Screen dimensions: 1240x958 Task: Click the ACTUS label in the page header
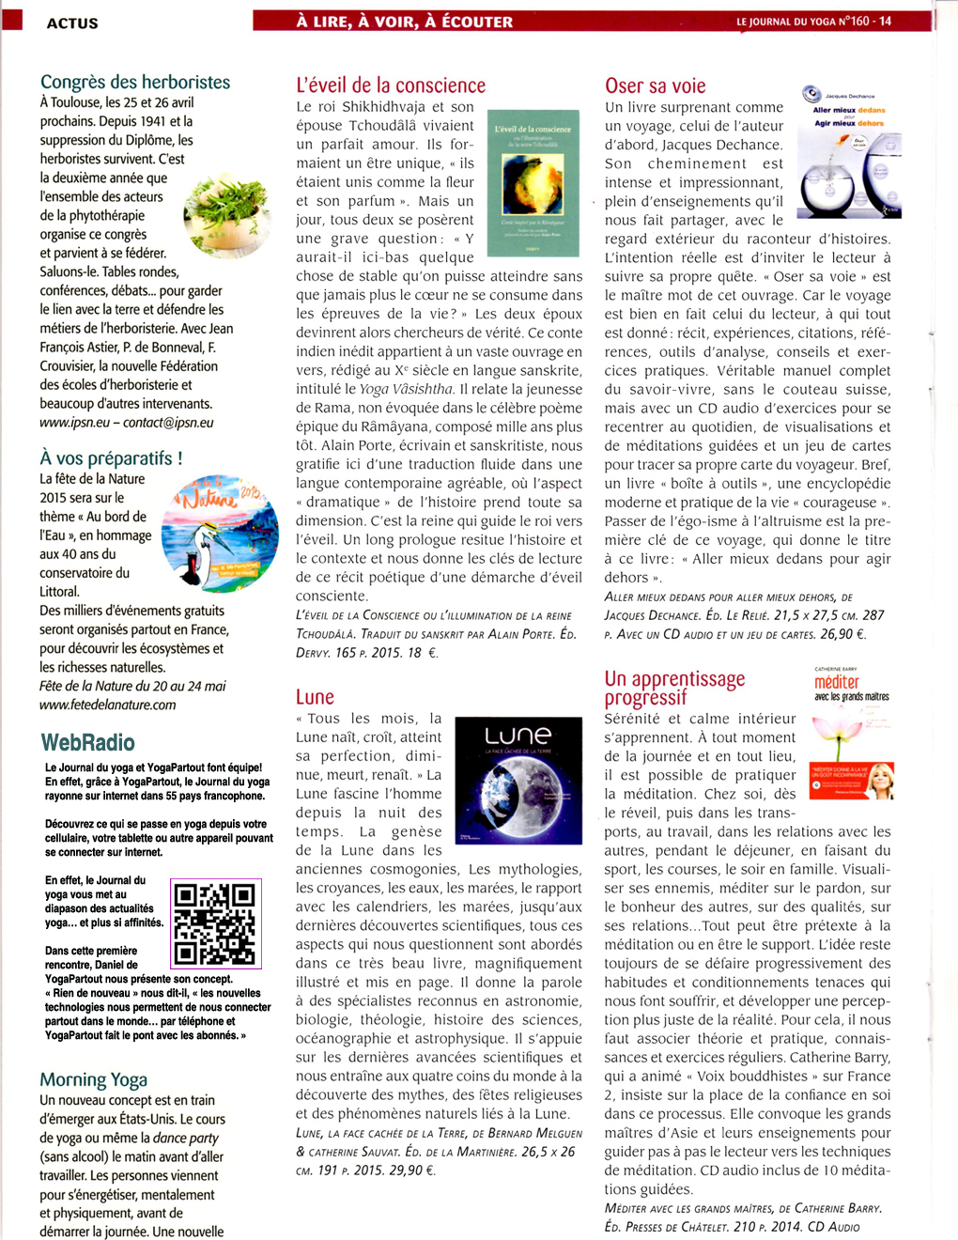[x=72, y=23]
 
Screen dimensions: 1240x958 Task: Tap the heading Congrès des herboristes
[x=135, y=82]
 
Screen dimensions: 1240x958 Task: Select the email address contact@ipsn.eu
[x=168, y=423]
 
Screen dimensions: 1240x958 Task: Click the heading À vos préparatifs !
[x=111, y=458]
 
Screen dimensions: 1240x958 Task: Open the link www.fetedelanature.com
[x=107, y=705]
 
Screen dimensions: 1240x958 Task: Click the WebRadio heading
[x=88, y=743]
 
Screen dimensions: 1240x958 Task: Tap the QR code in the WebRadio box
[x=215, y=923]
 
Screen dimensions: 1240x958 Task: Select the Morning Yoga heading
[x=93, y=1079]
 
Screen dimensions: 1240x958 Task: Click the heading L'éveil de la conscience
[x=391, y=85]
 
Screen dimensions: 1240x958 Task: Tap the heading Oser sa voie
[x=656, y=85]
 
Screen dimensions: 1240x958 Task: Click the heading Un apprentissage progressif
[x=674, y=688]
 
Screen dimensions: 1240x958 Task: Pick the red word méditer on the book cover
[x=837, y=682]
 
